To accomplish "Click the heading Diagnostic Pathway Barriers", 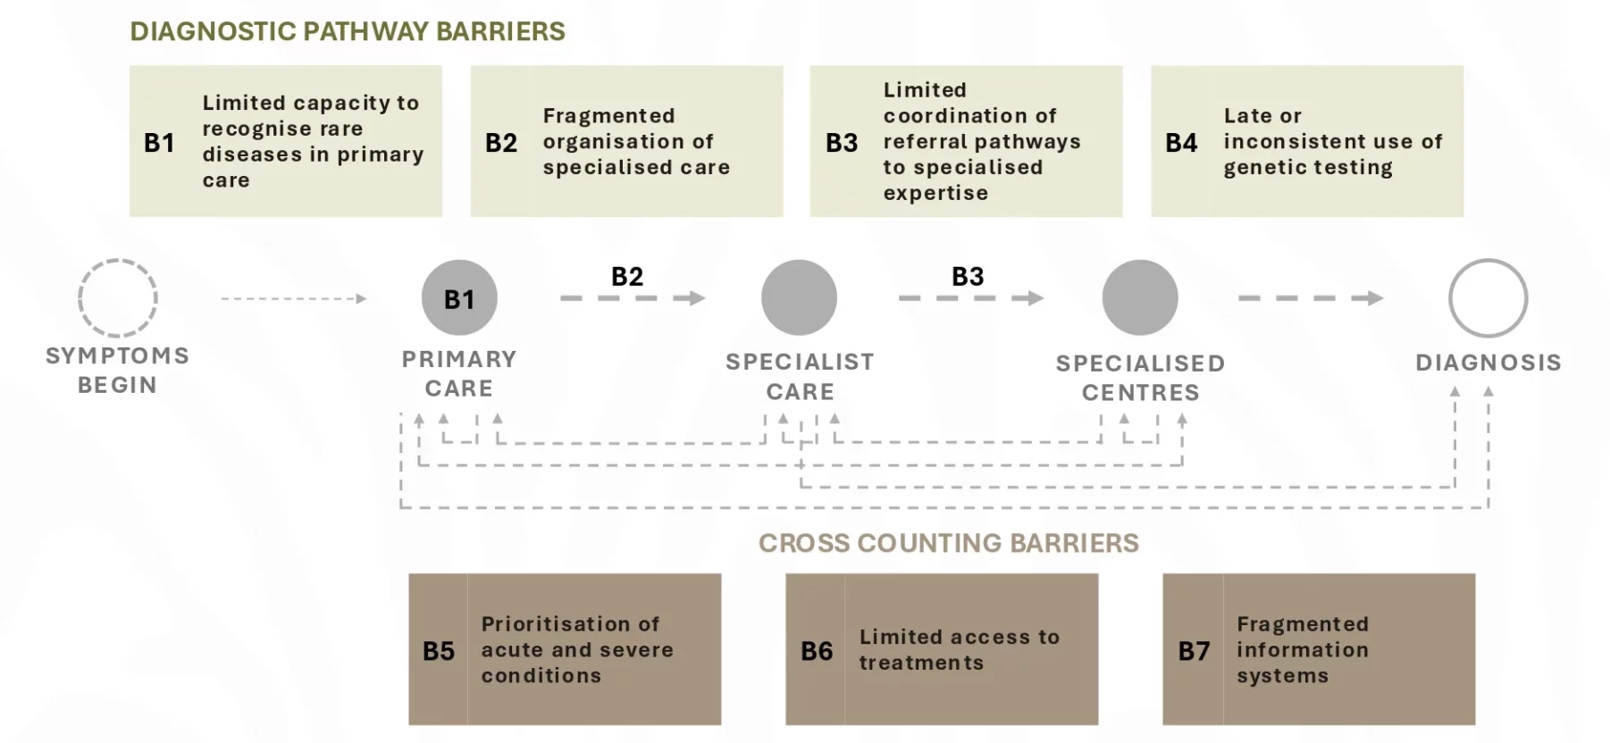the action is pyautogui.click(x=348, y=31).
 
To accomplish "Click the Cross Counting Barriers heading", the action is pyautogui.click(x=949, y=543).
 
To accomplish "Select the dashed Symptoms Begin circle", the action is pyautogui.click(x=118, y=260).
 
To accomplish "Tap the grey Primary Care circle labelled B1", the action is pyautogui.click(x=459, y=298).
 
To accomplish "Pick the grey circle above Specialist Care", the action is pyautogui.click(x=800, y=298).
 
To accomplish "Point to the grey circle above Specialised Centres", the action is pyautogui.click(x=1140, y=298).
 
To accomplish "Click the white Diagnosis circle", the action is pyautogui.click(x=1488, y=260).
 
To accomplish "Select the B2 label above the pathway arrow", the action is pyautogui.click(x=627, y=277).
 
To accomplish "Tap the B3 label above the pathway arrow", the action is pyautogui.click(x=968, y=277).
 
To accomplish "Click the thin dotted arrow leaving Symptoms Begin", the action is pyautogui.click(x=294, y=298).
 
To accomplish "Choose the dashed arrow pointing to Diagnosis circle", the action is pyautogui.click(x=1311, y=298).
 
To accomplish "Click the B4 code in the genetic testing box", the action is pyautogui.click(x=1181, y=143).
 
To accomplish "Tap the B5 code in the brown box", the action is pyautogui.click(x=439, y=651).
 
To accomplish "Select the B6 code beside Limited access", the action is pyautogui.click(x=817, y=651).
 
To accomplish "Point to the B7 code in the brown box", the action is pyautogui.click(x=1194, y=651).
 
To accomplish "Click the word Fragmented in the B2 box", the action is pyautogui.click(x=608, y=116).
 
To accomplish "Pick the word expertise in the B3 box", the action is pyautogui.click(x=935, y=194).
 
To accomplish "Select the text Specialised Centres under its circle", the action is pyautogui.click(x=1140, y=378).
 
